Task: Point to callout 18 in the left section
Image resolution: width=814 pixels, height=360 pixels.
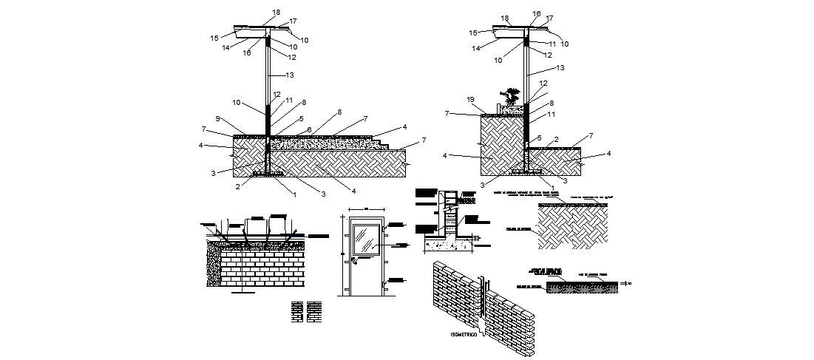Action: (276, 13)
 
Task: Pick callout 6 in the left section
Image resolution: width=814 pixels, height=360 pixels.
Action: (309, 129)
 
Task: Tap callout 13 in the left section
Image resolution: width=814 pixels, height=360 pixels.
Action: (289, 75)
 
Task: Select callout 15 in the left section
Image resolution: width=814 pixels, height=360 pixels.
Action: (214, 38)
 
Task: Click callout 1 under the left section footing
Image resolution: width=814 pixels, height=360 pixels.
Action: (294, 195)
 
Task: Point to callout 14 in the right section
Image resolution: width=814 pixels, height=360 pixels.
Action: (477, 49)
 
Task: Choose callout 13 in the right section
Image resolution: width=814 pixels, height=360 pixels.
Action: (560, 67)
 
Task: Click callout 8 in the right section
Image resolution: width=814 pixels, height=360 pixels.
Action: (551, 103)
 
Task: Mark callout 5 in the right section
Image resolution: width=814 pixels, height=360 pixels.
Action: (539, 137)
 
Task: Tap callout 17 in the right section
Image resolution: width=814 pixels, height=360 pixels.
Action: (549, 18)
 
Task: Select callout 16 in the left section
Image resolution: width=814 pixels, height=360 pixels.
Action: (247, 52)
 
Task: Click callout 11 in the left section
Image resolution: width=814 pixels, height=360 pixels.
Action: (289, 100)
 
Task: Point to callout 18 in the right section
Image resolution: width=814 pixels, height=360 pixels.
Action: (505, 18)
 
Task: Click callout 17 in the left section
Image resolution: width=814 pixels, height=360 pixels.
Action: (293, 21)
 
